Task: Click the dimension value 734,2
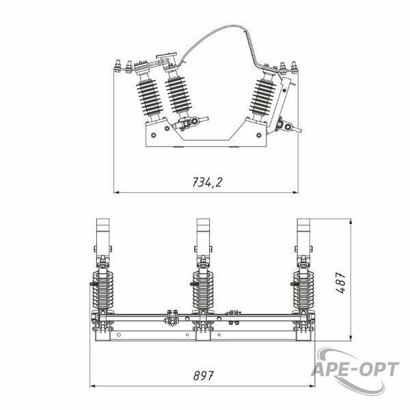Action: (x=207, y=182)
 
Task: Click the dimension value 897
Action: (x=203, y=376)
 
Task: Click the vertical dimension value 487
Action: (x=340, y=283)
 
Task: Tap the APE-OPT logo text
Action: (x=355, y=369)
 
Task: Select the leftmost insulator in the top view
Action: (x=149, y=98)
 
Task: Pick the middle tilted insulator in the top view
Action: (x=178, y=95)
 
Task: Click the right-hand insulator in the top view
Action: (x=262, y=97)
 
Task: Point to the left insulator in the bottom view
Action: (x=103, y=290)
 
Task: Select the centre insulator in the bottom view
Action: (x=203, y=290)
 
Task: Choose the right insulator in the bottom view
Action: (x=303, y=290)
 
